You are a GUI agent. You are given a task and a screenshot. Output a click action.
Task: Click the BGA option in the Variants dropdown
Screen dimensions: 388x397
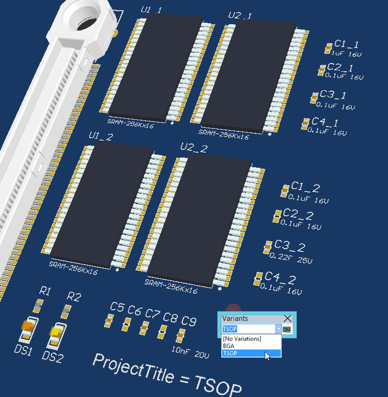tap(228, 346)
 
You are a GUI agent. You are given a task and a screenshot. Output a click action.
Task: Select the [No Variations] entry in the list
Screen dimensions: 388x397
tap(242, 339)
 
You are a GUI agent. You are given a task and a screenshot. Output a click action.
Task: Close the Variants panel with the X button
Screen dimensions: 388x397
tap(288, 318)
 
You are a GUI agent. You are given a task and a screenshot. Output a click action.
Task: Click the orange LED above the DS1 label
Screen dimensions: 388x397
tap(28, 326)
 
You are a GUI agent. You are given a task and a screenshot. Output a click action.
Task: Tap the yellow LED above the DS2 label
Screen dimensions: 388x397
tap(56, 332)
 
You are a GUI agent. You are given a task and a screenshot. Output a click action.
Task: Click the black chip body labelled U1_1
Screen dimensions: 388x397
tap(156, 67)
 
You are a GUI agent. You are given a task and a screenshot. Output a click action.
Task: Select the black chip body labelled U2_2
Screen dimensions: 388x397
tap(199, 220)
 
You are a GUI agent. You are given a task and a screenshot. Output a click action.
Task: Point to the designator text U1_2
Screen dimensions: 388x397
tap(101, 136)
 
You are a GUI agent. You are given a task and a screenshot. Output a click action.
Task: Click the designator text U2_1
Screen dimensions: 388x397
tap(240, 16)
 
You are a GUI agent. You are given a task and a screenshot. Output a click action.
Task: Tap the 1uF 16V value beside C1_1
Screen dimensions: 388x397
tap(346, 54)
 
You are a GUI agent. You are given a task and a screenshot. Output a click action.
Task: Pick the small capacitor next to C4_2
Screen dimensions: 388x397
tap(258, 279)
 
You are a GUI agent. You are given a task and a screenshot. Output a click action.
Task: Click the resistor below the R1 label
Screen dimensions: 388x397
tap(38, 305)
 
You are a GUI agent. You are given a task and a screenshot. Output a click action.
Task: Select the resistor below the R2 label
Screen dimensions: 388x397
tap(66, 311)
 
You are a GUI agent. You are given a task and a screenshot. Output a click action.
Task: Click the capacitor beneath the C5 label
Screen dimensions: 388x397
tap(109, 320)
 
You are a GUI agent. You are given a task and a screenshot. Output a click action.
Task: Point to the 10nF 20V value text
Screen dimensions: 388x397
tap(191, 352)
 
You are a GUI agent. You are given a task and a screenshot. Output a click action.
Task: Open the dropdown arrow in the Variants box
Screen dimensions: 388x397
tap(278, 329)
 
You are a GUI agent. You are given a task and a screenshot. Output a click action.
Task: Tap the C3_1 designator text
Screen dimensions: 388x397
tap(333, 95)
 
